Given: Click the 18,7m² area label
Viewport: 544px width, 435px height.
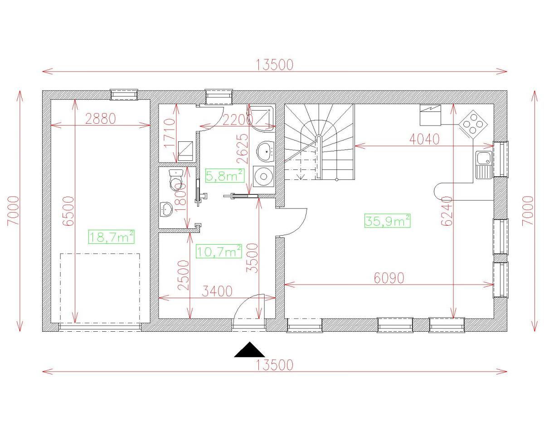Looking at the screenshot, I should (112, 237).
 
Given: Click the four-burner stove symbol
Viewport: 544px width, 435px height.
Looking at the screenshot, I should (473, 123).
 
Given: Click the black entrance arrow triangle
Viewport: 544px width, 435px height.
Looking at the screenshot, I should (249, 350).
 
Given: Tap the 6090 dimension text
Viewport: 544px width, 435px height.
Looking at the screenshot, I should (389, 278).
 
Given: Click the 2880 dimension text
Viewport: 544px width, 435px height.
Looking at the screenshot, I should (101, 119).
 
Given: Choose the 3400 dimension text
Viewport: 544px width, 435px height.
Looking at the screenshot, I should (217, 291).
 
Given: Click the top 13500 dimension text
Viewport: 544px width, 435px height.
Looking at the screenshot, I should (275, 65).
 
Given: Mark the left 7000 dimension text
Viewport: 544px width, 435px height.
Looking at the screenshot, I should (14, 211).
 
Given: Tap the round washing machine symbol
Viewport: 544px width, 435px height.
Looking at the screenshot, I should (263, 177).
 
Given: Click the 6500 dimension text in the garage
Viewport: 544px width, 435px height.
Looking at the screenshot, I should (68, 211).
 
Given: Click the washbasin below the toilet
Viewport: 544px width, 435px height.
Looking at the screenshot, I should (167, 209).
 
